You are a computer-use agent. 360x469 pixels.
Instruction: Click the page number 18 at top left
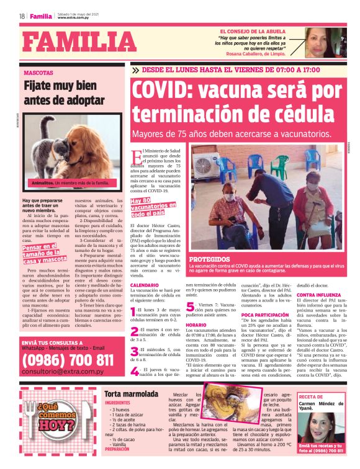(x=22, y=16)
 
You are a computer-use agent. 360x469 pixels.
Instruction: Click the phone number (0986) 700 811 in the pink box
(x=68, y=360)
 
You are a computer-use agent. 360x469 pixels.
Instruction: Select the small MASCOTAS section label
(x=38, y=73)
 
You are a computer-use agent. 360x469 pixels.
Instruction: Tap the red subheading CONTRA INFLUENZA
(x=320, y=295)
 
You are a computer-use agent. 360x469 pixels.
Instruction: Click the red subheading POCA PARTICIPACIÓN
(x=264, y=315)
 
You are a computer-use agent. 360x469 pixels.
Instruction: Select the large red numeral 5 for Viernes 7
(x=190, y=306)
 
